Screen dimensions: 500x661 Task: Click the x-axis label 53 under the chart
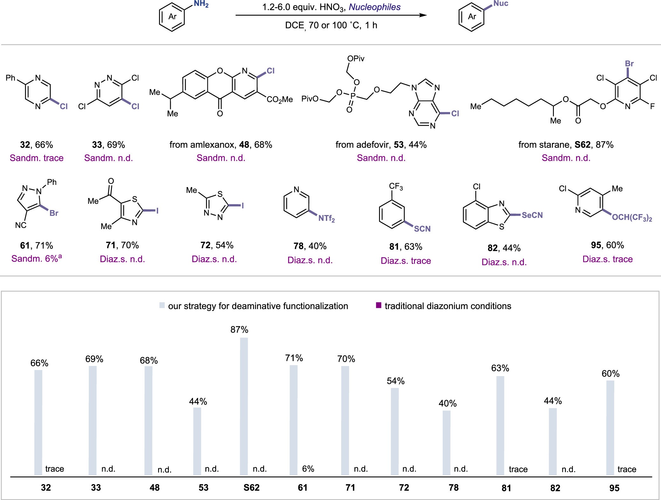203,488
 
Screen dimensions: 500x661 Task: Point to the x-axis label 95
614,488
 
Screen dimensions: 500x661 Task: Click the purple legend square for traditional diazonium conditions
379,306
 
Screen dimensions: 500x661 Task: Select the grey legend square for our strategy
162,306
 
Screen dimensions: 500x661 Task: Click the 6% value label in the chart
308,469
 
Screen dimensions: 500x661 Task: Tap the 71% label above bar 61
294,358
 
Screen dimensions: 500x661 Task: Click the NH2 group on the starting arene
201,4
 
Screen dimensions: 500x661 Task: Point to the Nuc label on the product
501,3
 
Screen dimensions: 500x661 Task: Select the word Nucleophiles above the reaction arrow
375,7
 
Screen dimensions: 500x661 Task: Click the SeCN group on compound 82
532,215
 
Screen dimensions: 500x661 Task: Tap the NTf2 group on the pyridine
327,218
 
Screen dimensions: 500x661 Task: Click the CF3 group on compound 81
396,186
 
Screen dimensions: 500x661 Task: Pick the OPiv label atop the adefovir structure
356,59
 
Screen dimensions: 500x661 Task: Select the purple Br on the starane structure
629,64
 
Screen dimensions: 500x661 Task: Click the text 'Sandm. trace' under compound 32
37,158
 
